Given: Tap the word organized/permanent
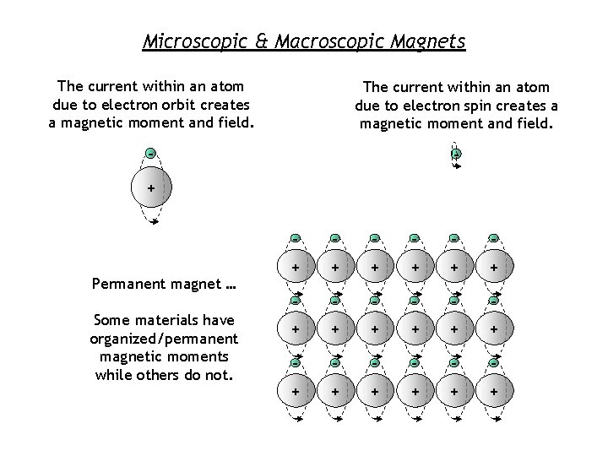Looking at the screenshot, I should (x=164, y=339).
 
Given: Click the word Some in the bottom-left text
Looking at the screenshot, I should (x=114, y=320).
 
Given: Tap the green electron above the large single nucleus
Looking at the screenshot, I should (x=150, y=154).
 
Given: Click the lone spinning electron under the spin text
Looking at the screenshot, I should (x=456, y=155).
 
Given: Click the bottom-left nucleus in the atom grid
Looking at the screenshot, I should (x=296, y=393).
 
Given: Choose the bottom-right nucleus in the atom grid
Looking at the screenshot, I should (x=493, y=393).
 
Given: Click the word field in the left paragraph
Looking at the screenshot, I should (x=231, y=122).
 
